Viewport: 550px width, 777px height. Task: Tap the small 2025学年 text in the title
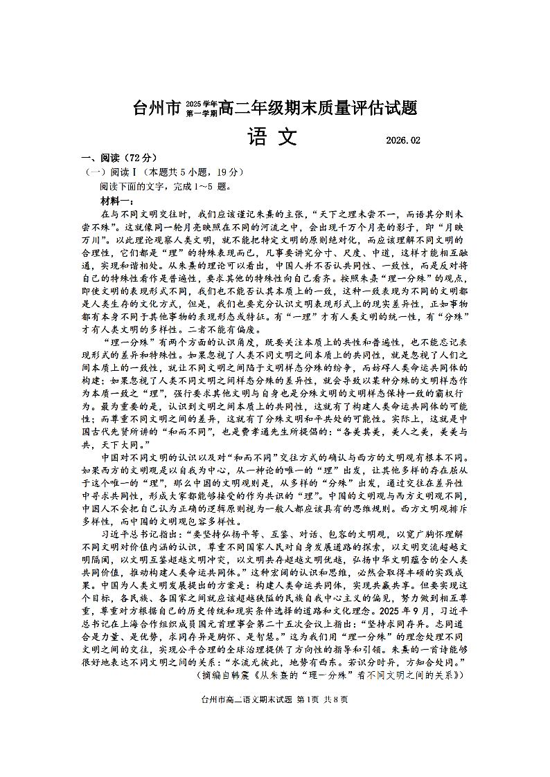[x=201, y=104]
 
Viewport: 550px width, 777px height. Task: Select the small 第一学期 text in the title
[x=201, y=112]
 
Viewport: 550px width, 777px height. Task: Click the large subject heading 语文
[x=271, y=137]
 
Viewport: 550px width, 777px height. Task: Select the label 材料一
[x=116, y=201]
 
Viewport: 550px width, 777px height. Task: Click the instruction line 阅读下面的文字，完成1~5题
[x=163, y=186]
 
